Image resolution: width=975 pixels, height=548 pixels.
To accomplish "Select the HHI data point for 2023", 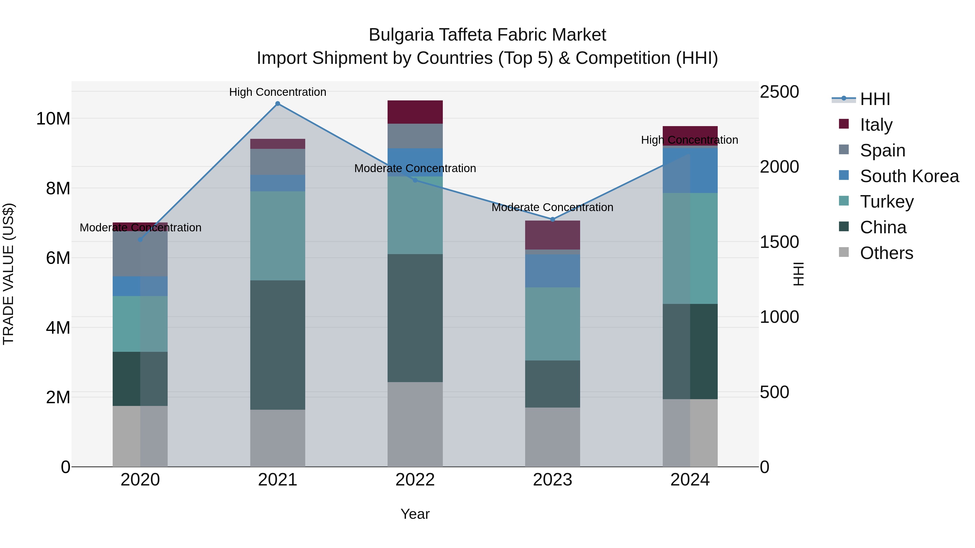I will tap(552, 219).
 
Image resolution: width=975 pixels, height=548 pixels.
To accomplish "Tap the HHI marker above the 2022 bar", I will tap(415, 180).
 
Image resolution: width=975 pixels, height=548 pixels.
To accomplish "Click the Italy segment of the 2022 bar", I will tap(415, 112).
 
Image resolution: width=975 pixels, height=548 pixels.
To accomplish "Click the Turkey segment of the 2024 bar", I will tap(690, 248).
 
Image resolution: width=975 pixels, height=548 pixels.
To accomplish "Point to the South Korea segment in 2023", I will tap(552, 271).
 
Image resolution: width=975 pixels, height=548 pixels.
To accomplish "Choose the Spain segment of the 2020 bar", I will tap(140, 254).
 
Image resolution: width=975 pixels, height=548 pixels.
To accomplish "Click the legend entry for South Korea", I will tap(909, 176).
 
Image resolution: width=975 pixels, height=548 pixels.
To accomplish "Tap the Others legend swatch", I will tap(844, 252).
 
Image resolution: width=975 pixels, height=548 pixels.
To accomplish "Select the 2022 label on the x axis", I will tap(415, 480).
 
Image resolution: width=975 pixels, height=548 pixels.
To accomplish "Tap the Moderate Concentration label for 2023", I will tap(552, 207).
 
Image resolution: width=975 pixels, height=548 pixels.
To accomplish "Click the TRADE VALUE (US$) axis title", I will tap(8, 274).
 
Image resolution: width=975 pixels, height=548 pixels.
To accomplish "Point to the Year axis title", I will tap(415, 514).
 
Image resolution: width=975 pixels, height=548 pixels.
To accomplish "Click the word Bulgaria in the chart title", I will tap(401, 35).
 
